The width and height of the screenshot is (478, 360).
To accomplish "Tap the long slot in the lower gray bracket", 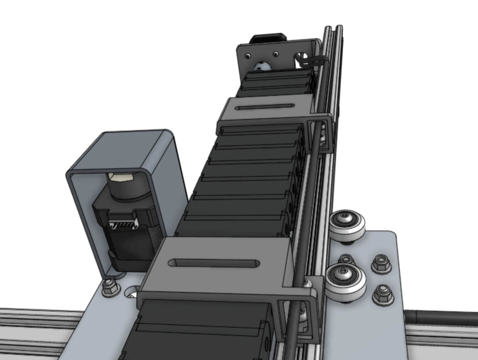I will point(214,263).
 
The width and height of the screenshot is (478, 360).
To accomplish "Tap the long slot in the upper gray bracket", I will point(265,107).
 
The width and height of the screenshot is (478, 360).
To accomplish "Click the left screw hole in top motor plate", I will point(248,56).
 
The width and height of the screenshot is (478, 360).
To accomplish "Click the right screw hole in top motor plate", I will point(276,54).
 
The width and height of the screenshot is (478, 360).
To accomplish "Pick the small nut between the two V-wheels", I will point(346,259).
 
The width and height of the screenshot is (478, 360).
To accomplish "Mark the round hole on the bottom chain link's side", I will point(266,343).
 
